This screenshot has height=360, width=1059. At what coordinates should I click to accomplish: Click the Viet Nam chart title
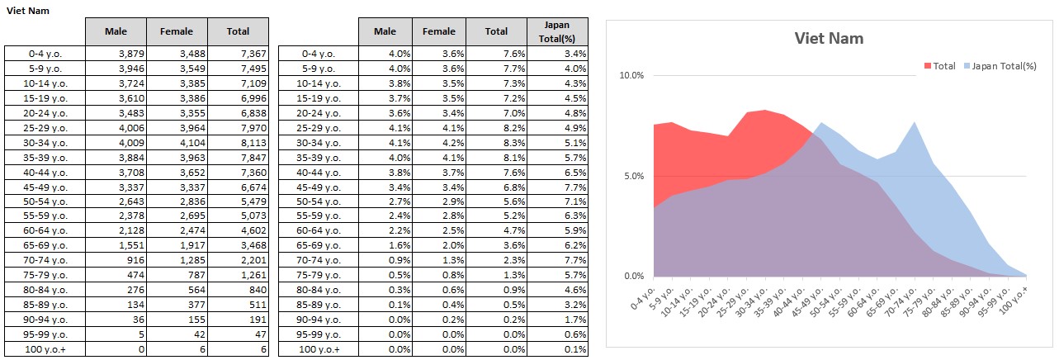pyautogui.click(x=829, y=38)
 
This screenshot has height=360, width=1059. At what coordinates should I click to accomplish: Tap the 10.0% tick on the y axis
pyautogui.click(x=631, y=76)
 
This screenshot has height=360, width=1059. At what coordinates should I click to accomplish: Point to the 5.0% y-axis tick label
pyautogui.click(x=633, y=176)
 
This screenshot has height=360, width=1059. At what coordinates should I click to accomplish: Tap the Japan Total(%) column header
pyautogui.click(x=557, y=31)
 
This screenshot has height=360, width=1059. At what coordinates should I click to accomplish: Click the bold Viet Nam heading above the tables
pyautogui.click(x=25, y=10)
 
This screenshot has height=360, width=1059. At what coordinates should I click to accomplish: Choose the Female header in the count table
pyautogui.click(x=177, y=31)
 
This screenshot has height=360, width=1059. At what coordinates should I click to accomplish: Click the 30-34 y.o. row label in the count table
pyautogui.click(x=45, y=142)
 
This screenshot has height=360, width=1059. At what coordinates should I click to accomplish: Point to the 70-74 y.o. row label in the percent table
pyautogui.click(x=319, y=261)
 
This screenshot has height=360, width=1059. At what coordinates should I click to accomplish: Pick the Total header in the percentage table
pyautogui.click(x=496, y=31)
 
